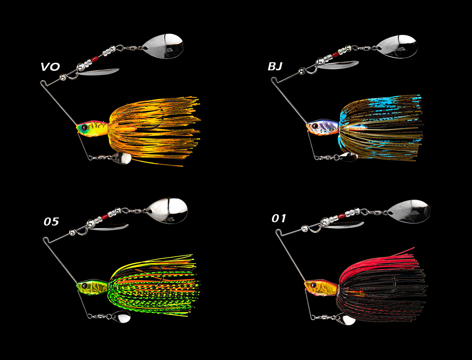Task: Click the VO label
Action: coord(50,67)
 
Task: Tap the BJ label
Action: coord(275,67)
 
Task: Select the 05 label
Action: coord(51,222)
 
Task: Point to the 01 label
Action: coord(279,218)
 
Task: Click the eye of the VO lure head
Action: coord(83,127)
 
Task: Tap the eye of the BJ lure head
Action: coord(312,126)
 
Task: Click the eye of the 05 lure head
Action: coord(84,285)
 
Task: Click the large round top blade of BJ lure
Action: coord(397,46)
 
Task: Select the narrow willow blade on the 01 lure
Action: coord(343,226)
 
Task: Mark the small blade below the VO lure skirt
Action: coord(122,158)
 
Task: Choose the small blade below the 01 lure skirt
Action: coord(348,320)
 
